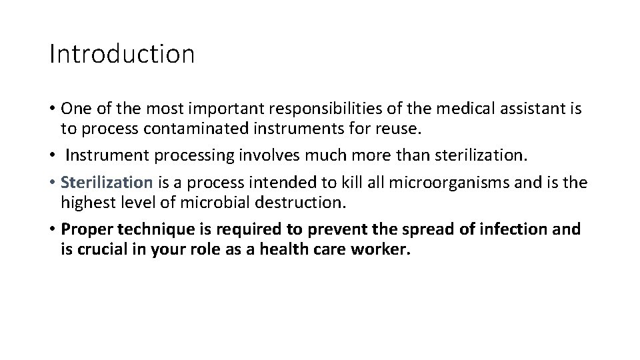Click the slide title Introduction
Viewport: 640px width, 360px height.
point(122,54)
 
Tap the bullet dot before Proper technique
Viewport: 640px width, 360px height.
point(52,230)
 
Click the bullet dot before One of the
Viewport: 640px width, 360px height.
point(52,109)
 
